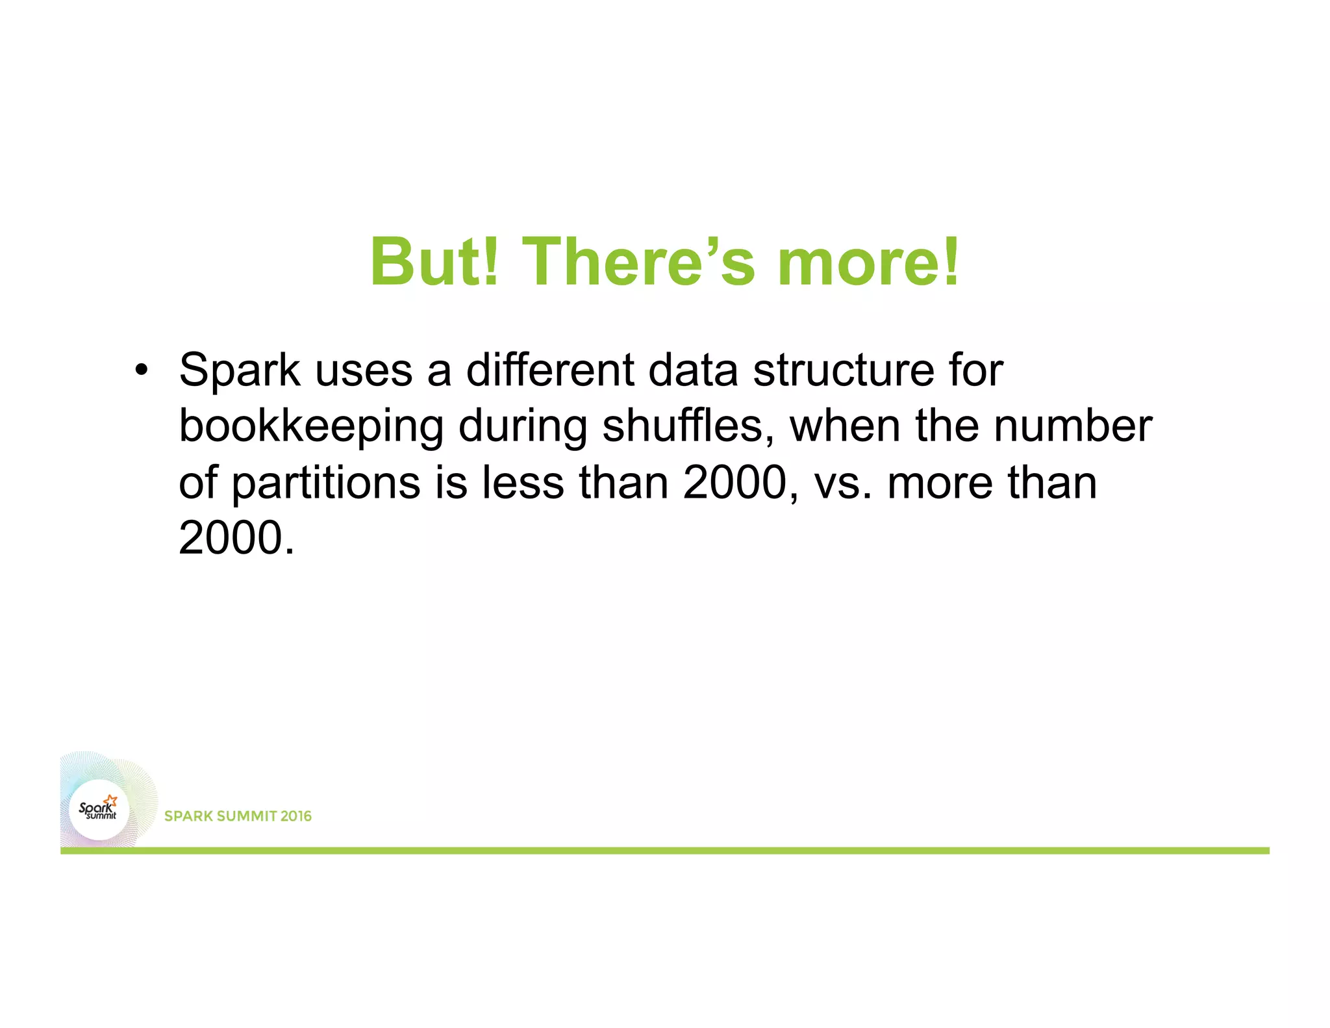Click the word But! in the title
point(434,262)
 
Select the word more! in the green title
point(868,262)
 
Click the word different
point(550,370)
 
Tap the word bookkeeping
point(311,428)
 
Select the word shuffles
point(688,426)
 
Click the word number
point(1073,426)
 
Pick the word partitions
point(326,484)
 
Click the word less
point(523,483)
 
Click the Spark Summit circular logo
point(99,810)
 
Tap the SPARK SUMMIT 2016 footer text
point(238,816)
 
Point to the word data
point(693,370)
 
